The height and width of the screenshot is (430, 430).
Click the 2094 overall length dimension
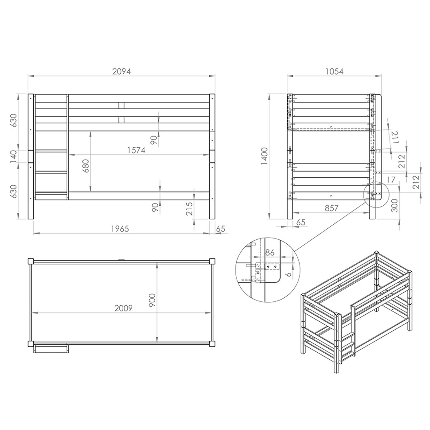(121, 71)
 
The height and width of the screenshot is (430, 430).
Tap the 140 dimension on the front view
(14, 157)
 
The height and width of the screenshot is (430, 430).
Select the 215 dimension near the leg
(189, 208)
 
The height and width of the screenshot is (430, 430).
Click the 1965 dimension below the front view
(120, 229)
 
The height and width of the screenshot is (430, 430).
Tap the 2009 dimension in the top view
(124, 308)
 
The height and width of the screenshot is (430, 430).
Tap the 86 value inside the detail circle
(270, 253)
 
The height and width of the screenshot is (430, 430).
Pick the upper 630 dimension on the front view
(14, 122)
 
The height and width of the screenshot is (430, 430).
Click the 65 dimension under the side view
(301, 223)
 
